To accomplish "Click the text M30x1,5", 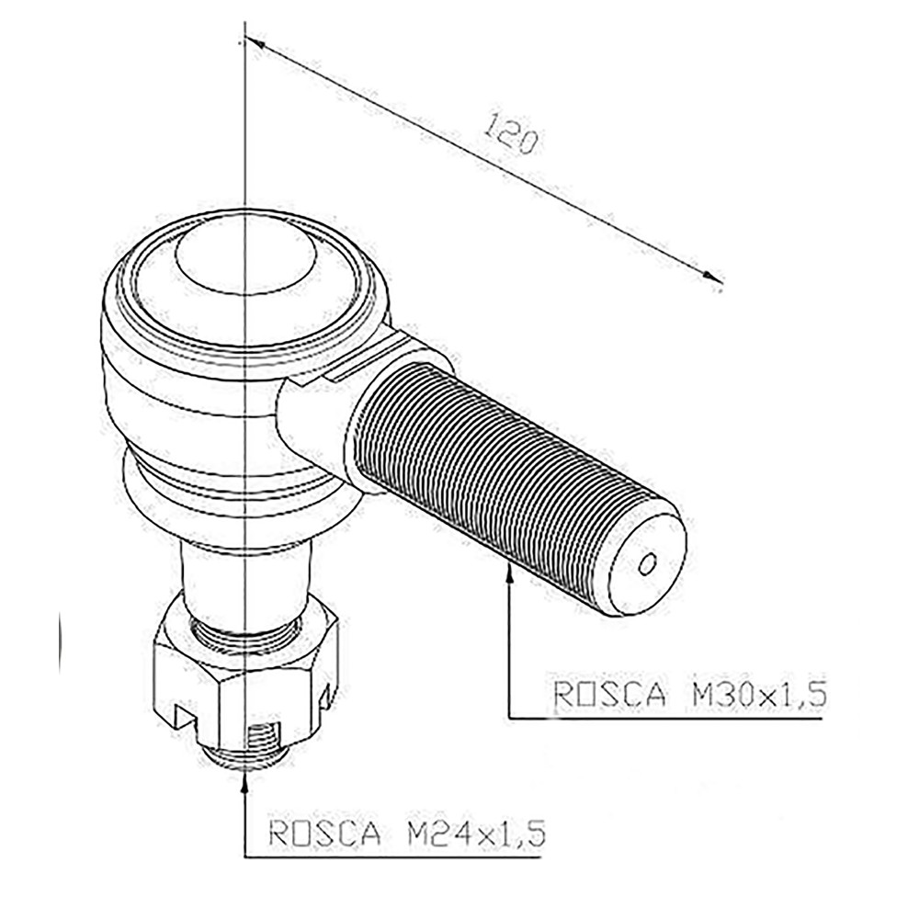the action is pyautogui.click(x=759, y=696).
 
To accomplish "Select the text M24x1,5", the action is pyautogui.click(x=475, y=833).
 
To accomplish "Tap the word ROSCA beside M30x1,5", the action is pyautogui.click(x=609, y=696).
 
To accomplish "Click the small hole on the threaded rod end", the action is pyautogui.click(x=647, y=563).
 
